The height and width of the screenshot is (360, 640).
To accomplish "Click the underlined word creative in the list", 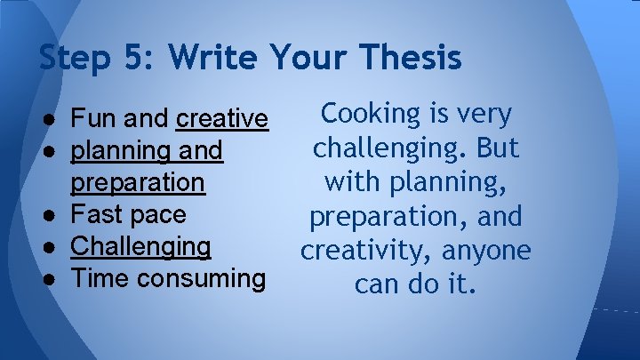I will coord(222,118).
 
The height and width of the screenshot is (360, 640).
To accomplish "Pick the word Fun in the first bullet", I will coord(89,118).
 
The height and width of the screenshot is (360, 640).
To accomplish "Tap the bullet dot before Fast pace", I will coord(54,214).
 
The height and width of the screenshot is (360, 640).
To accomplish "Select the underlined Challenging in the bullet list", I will coord(140,246).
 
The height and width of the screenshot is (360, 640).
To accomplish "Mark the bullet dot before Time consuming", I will coord(54,278).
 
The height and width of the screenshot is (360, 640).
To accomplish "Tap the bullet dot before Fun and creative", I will coord(54,118).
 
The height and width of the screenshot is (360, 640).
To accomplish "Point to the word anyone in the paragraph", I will coord(485,251).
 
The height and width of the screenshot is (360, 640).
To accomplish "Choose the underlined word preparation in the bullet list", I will coord(138,182).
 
